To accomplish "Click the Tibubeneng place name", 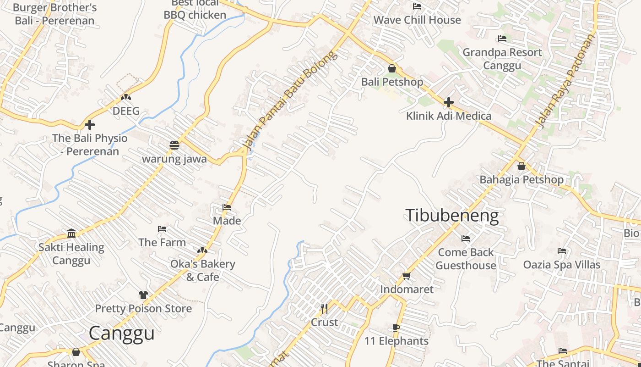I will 452,216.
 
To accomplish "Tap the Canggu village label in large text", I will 121,334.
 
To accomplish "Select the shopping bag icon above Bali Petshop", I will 392,68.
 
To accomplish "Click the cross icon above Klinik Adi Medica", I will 449,102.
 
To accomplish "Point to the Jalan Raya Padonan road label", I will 567,81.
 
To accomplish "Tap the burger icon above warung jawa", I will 174,145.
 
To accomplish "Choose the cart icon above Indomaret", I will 406,276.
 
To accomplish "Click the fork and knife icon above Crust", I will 324,308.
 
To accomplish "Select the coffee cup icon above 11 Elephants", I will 396,328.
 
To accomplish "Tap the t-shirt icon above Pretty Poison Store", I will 143,295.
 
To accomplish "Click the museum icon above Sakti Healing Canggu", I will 71,234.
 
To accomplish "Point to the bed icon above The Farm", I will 162,228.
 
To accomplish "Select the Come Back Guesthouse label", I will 466,259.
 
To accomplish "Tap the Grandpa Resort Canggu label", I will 502,59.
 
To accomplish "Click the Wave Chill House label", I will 417,20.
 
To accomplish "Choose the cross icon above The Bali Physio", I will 90,124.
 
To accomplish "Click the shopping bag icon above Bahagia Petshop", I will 521,166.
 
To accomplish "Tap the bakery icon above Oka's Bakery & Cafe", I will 202,250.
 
